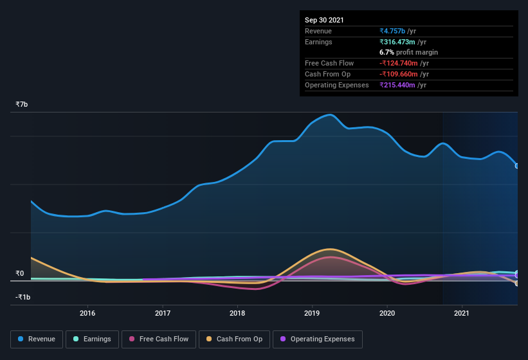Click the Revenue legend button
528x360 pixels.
click(37, 339)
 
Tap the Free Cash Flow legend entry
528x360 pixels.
click(159, 339)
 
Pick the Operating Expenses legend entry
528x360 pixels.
click(317, 339)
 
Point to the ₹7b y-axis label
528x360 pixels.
click(22, 104)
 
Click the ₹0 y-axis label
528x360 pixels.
click(20, 274)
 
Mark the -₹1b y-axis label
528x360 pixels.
click(23, 297)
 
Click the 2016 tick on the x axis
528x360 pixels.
click(87, 314)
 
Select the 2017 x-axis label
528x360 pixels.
click(163, 314)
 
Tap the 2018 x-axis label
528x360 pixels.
click(237, 314)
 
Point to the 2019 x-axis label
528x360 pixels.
click(313, 314)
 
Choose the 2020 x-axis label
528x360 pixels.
click(387, 314)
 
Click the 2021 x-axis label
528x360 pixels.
click(462, 314)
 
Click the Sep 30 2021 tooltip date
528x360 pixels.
click(324, 20)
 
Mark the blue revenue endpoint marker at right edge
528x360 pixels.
click(517, 166)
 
